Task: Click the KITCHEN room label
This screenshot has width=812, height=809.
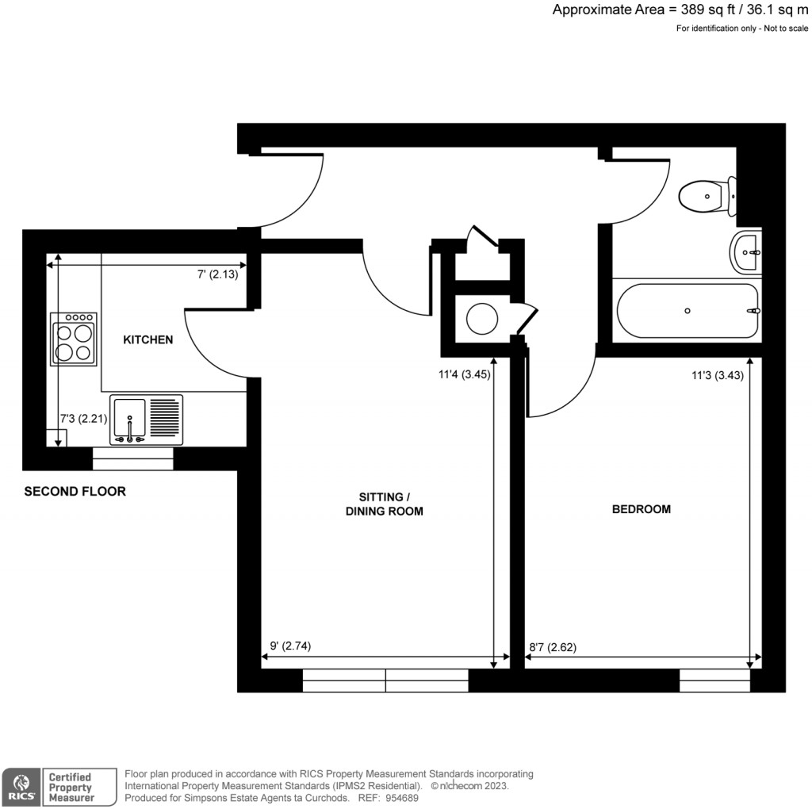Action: coord(147,339)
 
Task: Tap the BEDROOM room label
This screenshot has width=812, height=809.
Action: coord(641,509)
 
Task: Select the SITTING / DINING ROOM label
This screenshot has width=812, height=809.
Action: coord(384,504)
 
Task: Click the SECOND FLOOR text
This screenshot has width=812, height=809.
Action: coord(75,492)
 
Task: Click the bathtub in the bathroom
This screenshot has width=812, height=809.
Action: coord(687,311)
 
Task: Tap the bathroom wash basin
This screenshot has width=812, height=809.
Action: coord(746,251)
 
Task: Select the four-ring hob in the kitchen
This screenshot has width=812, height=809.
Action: coord(74,339)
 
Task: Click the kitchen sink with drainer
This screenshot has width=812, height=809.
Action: coord(146,420)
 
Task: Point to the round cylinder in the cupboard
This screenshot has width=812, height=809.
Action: coord(481,319)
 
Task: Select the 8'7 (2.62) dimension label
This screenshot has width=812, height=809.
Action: coord(553,646)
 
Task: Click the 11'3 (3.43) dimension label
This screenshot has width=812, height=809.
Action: coord(717,377)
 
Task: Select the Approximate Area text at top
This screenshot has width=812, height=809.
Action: coord(681,10)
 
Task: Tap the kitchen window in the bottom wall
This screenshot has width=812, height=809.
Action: coord(132,458)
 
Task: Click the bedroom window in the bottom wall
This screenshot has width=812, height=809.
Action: coord(714,680)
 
